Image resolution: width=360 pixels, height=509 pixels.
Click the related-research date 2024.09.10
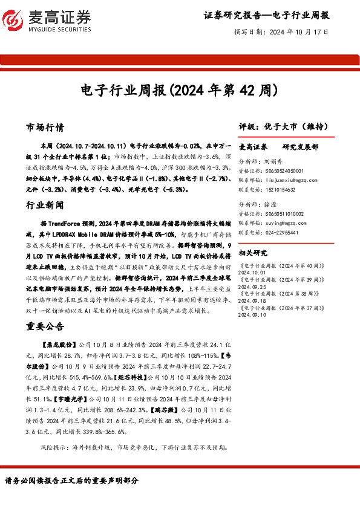coord(253,314)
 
